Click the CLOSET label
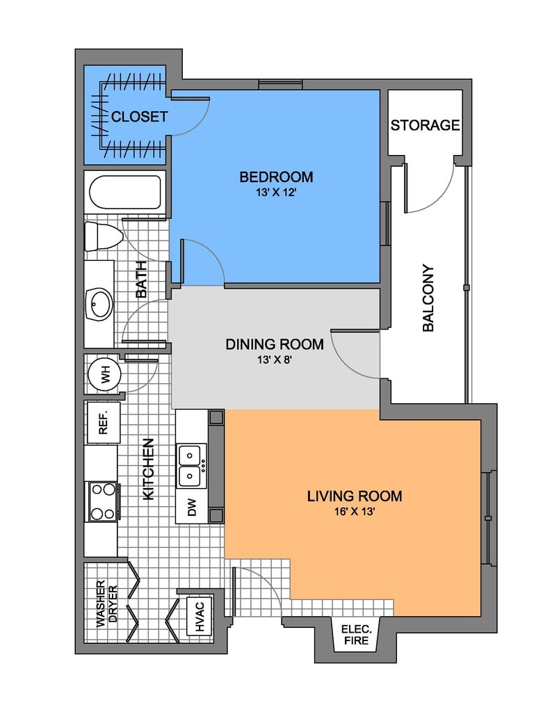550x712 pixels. [x=140, y=117]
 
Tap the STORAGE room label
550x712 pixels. [x=425, y=125]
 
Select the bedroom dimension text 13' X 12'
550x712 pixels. [x=276, y=192]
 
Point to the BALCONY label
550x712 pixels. [x=428, y=298]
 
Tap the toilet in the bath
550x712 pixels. [x=104, y=236]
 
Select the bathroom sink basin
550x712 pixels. [x=99, y=305]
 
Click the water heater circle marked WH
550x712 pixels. [x=104, y=375]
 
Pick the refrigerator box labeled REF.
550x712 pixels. [x=104, y=422]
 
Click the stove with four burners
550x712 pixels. [x=103, y=502]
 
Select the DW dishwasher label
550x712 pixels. [x=192, y=507]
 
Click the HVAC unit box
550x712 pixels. [x=200, y=616]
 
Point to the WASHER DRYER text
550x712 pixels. [x=106, y=604]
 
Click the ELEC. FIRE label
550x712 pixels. [x=357, y=635]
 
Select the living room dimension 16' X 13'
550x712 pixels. [x=354, y=512]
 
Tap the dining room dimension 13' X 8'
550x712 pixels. [x=275, y=360]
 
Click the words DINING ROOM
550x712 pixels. [x=275, y=344]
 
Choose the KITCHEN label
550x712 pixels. [x=149, y=469]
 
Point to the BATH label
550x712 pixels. [x=141, y=280]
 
